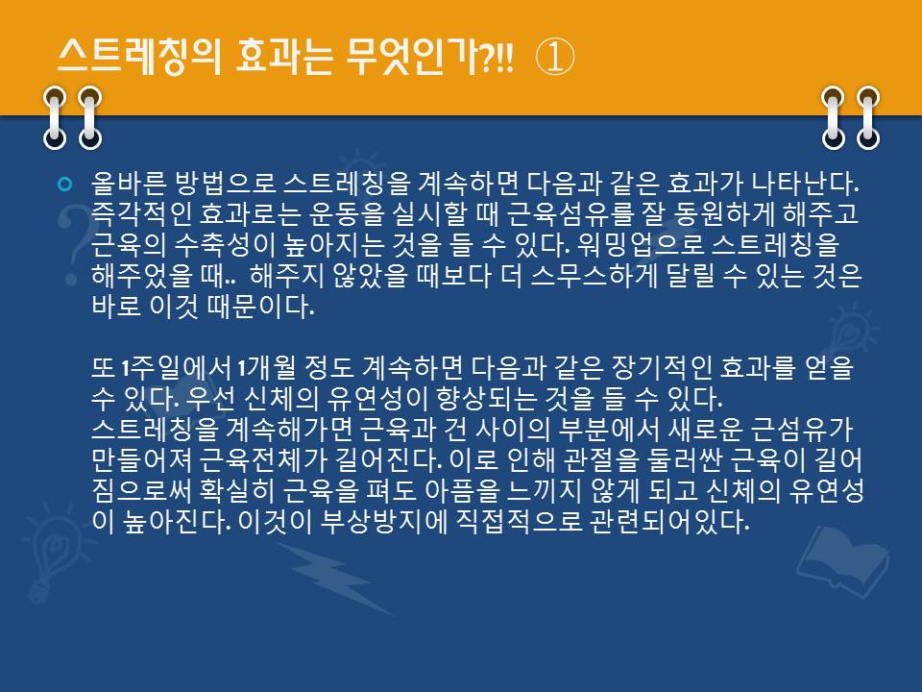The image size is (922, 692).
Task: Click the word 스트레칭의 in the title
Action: click(139, 57)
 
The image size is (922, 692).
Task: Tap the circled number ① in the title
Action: click(554, 57)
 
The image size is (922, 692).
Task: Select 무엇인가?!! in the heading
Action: click(429, 57)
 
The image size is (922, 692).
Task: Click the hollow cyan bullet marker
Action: click(65, 185)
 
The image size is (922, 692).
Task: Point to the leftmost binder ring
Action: click(55, 117)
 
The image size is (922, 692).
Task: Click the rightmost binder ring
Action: click(868, 117)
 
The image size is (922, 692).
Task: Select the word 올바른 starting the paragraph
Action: click(129, 185)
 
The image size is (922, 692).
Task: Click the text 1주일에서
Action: click(175, 368)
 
